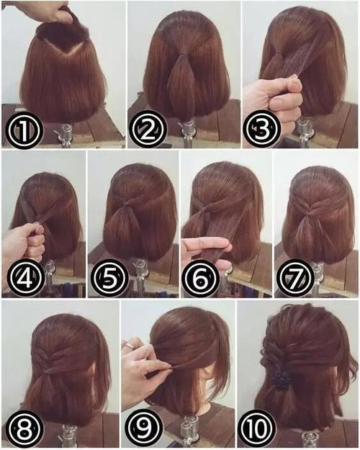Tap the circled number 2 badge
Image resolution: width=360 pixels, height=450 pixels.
click(148, 130)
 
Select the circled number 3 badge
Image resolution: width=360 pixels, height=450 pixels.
click(261, 129)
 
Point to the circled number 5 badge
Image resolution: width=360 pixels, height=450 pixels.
click(110, 278)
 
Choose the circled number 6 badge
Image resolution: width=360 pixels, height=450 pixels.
click(201, 278)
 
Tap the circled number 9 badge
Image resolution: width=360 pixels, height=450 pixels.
click(144, 428)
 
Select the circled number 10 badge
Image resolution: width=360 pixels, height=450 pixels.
click(257, 428)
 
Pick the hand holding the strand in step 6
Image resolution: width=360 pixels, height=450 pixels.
click(207, 250)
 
